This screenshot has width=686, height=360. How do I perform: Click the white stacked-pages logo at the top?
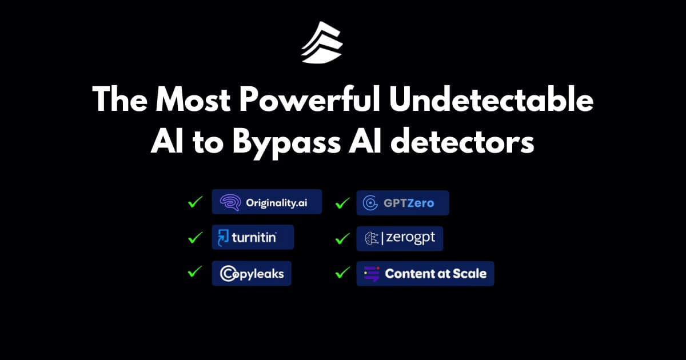tap(321, 43)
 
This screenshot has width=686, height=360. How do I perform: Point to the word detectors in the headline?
tap(462, 142)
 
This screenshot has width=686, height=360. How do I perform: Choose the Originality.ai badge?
tap(267, 202)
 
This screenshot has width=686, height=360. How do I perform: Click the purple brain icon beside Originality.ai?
tap(230, 202)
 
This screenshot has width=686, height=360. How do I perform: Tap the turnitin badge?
tap(253, 237)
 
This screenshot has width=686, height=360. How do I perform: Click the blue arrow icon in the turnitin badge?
tap(223, 238)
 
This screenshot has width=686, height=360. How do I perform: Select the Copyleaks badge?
tap(252, 273)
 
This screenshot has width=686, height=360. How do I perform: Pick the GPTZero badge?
tap(402, 203)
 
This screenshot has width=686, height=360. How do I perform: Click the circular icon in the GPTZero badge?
tap(370, 203)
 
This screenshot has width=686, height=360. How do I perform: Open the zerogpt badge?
tap(400, 238)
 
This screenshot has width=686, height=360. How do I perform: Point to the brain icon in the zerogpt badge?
tap(372, 238)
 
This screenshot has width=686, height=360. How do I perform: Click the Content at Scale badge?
tap(425, 274)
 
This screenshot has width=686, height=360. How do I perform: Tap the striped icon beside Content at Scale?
tap(372, 274)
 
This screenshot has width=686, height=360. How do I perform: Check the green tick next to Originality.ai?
tap(195, 202)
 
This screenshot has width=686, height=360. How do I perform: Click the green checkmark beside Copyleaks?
tap(195, 271)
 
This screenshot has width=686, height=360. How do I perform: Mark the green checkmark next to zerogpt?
tap(342, 238)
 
